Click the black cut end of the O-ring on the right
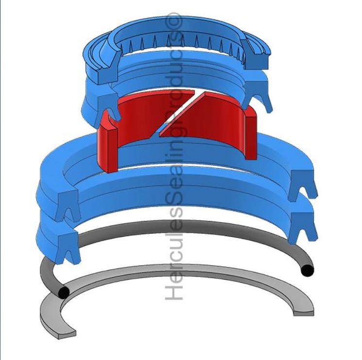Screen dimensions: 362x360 (308, 270)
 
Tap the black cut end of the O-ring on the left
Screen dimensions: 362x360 (64, 292)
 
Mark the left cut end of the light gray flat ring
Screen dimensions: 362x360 (67, 335)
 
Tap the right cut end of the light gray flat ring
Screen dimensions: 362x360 (304, 313)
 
